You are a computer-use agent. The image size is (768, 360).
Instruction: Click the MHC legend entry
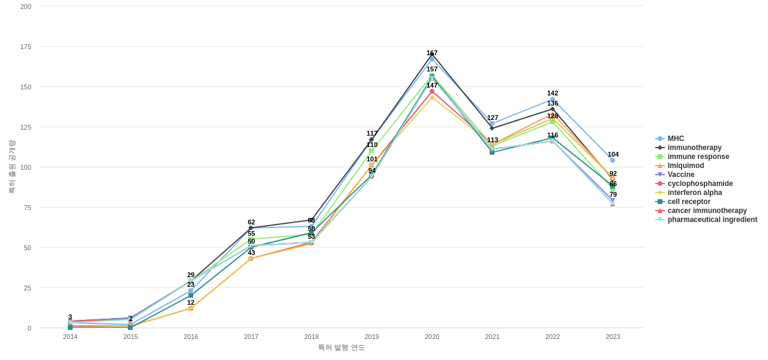(x=676, y=139)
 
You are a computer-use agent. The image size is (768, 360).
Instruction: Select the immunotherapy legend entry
(x=694, y=148)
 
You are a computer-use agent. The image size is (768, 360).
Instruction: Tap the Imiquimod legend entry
(x=686, y=166)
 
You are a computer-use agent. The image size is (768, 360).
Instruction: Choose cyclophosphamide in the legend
(x=700, y=184)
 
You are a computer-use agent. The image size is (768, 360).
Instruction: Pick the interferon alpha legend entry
(x=694, y=193)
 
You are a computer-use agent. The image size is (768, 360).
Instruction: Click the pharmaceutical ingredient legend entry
(x=712, y=220)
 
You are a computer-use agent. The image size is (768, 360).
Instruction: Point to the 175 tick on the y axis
(x=26, y=47)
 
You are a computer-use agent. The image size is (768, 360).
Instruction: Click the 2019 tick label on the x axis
(x=371, y=337)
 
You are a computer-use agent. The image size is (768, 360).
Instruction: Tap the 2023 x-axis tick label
(x=613, y=337)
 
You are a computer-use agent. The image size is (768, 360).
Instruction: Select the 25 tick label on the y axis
(x=28, y=288)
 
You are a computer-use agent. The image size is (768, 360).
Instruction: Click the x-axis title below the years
(x=341, y=347)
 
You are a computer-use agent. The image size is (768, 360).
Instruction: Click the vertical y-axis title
(x=12, y=166)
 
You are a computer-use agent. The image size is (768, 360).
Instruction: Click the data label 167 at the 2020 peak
(x=432, y=53)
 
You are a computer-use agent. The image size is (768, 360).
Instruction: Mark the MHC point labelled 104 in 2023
(x=613, y=160)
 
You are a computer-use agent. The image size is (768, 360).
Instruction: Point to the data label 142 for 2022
(x=553, y=93)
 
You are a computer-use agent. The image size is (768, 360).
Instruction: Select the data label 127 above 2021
(x=493, y=118)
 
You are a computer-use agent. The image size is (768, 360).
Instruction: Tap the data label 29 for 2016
(x=191, y=275)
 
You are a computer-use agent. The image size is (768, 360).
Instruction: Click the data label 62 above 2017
(x=251, y=222)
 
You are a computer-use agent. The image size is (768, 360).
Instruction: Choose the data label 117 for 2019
(x=372, y=133)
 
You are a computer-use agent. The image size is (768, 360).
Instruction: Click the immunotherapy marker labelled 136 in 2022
(x=553, y=109)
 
